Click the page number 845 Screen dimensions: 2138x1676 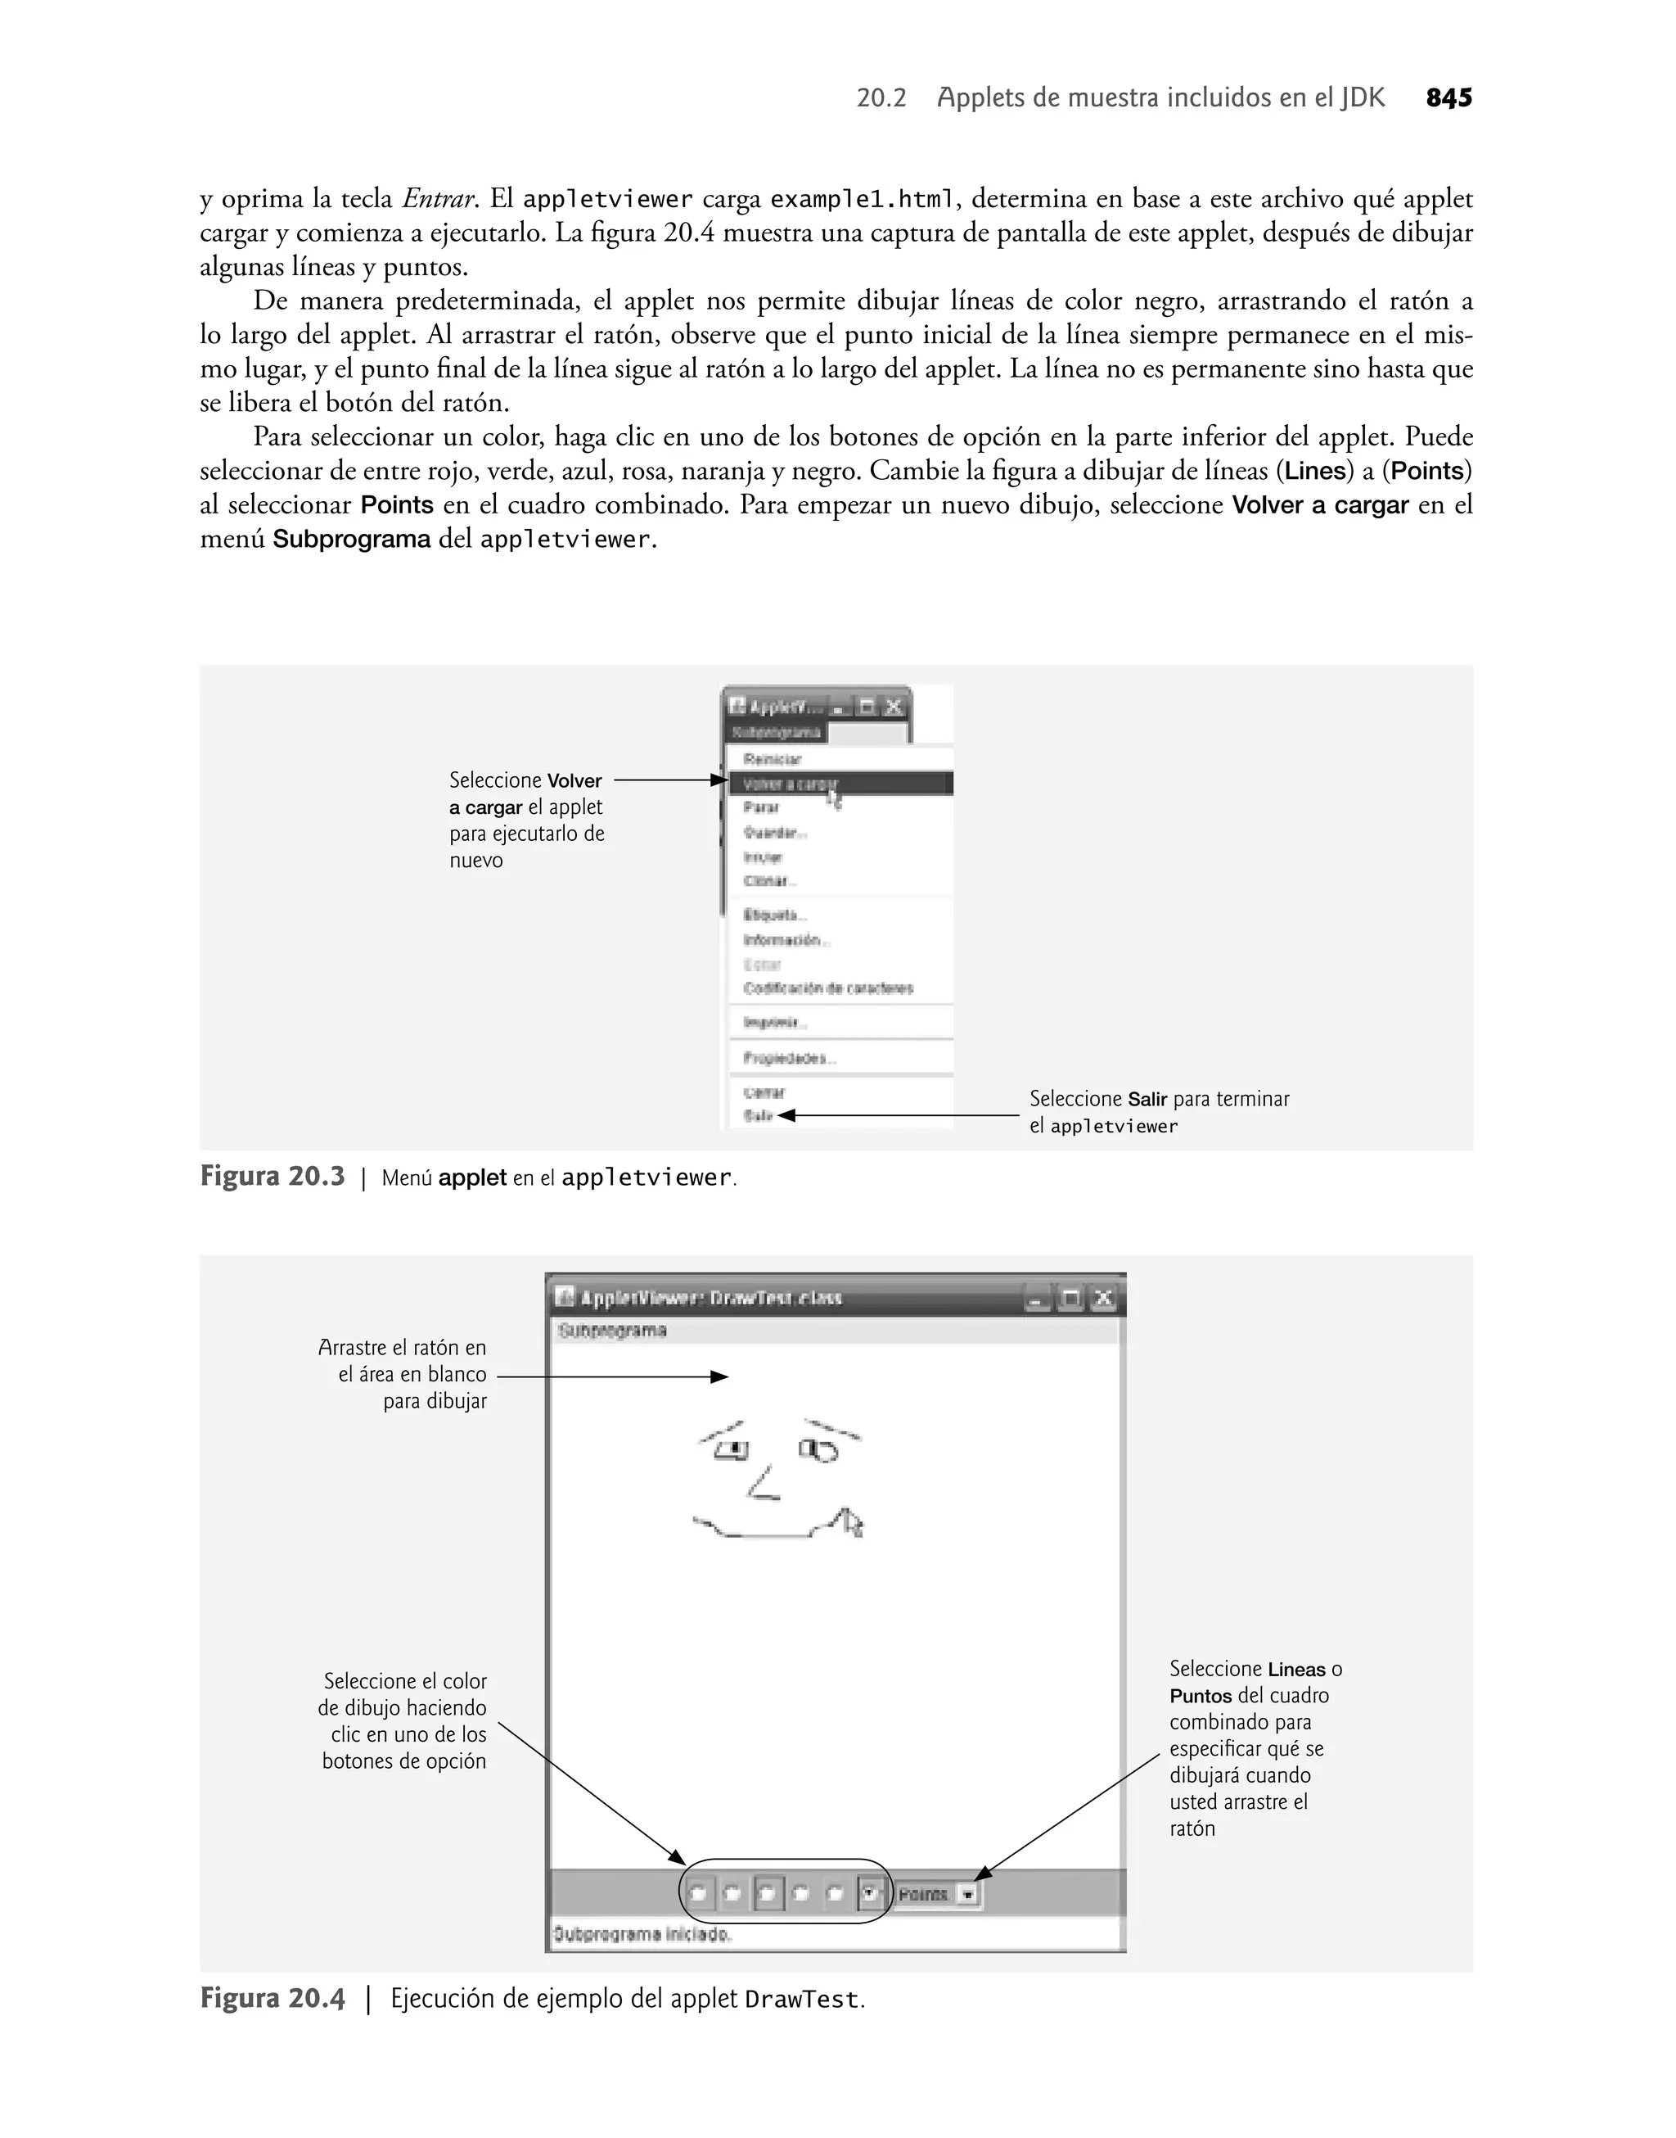pyautogui.click(x=1448, y=98)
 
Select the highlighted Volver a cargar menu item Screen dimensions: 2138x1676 pyautogui.click(x=791, y=784)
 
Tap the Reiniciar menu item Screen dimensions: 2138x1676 pyautogui.click(x=773, y=759)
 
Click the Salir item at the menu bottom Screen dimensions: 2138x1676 pyautogui.click(x=759, y=1116)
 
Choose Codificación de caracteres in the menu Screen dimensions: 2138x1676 pyautogui.click(x=828, y=988)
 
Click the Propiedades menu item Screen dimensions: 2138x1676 pyautogui.click(x=790, y=1058)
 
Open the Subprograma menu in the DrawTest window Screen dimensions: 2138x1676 pyautogui.click(x=612, y=1331)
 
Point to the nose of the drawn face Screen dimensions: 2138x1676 pyautogui.click(x=764, y=1483)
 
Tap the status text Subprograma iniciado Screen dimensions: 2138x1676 pyautogui.click(x=642, y=1934)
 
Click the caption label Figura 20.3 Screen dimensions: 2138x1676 pyautogui.click(x=272, y=1176)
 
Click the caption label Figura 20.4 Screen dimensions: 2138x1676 pyautogui.click(x=272, y=1999)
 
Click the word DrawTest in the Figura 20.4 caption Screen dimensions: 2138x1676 pyautogui.click(x=802, y=2000)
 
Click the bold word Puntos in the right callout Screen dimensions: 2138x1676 pyautogui.click(x=1200, y=1697)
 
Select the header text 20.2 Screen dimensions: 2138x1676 pyautogui.click(x=881, y=98)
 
